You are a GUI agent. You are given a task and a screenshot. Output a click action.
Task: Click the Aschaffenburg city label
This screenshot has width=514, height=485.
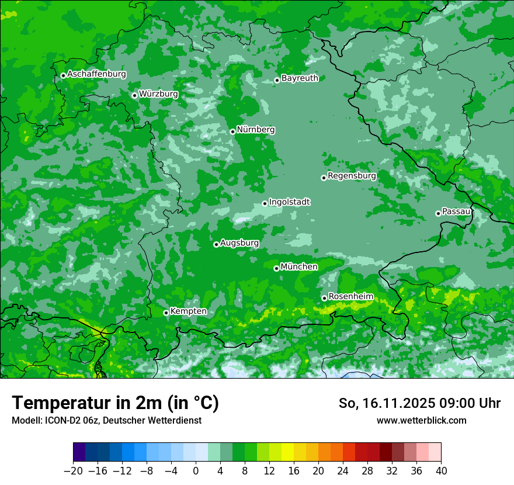96,74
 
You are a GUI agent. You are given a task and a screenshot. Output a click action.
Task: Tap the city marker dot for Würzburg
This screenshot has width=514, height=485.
134,95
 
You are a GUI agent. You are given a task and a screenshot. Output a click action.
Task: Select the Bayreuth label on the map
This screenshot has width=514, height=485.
300,78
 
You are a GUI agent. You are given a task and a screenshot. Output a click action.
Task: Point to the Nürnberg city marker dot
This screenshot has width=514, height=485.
232,131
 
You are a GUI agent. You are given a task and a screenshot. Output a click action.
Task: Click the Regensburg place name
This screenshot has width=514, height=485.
352,176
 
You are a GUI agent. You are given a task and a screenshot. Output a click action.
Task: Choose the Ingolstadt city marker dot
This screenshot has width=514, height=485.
265,203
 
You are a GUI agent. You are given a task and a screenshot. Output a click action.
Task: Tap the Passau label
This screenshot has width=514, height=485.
456,212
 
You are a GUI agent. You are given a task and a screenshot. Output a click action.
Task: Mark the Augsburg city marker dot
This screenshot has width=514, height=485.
216,244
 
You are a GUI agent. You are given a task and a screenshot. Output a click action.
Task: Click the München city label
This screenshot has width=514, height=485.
299,267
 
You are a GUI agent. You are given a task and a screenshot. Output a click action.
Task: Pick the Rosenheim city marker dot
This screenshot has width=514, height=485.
324,298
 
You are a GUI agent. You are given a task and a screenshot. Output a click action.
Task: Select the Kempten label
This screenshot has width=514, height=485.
188,311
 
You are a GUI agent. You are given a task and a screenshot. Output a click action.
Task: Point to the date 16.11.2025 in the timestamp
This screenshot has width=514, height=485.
398,403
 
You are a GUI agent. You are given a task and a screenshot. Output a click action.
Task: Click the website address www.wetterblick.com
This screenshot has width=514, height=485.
421,420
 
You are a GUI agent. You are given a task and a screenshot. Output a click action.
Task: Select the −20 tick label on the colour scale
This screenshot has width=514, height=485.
74,471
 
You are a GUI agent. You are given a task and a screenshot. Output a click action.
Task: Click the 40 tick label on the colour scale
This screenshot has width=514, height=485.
441,471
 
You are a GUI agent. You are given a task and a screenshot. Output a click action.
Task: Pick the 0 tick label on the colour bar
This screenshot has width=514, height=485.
196,471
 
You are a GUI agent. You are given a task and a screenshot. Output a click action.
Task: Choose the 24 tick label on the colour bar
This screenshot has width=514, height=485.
343,471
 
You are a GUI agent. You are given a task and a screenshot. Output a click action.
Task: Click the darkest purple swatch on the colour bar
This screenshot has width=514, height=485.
79,452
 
